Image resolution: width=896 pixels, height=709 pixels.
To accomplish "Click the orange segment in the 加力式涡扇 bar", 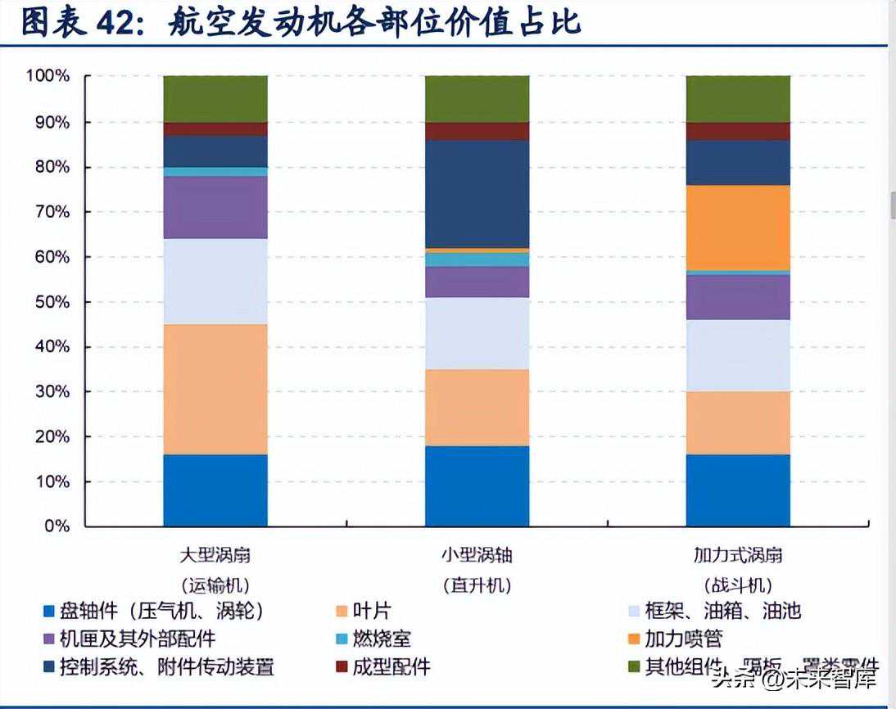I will tap(737, 227).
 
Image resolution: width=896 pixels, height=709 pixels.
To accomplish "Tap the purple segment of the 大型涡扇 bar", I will tap(215, 207).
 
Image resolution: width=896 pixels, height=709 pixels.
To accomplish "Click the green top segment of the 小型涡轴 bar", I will tap(477, 99).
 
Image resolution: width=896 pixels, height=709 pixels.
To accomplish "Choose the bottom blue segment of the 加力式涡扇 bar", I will tap(737, 490).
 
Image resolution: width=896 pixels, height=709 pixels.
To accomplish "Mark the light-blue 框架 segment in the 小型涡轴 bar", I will tap(477, 332).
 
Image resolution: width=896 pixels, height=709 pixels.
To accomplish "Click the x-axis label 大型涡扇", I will tap(215, 555).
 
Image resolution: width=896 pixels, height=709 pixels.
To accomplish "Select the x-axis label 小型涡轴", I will tap(477, 555).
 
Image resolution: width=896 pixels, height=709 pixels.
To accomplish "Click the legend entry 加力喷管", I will tap(684, 639).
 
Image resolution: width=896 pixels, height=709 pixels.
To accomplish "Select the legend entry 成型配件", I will tap(391, 666).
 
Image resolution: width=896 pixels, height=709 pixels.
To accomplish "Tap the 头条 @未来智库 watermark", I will tap(794, 678).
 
